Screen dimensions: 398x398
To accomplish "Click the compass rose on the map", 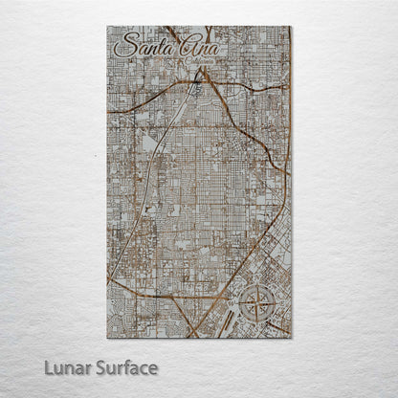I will click(257, 305).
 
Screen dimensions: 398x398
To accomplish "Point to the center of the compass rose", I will click(257, 305).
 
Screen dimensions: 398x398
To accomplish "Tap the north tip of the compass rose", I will click(257, 285).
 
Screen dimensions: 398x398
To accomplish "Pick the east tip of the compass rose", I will click(277, 305).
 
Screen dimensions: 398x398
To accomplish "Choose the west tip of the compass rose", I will click(237, 305).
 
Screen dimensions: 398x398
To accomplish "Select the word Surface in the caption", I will click(123, 368).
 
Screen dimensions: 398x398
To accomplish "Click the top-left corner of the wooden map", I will click(107, 27).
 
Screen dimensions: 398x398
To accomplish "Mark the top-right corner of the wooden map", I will click(291, 27).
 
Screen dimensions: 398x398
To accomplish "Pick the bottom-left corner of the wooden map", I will click(107, 339).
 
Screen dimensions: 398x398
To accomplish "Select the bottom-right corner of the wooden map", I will click(291, 339).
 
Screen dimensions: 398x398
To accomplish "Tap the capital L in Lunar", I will click(47, 368).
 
